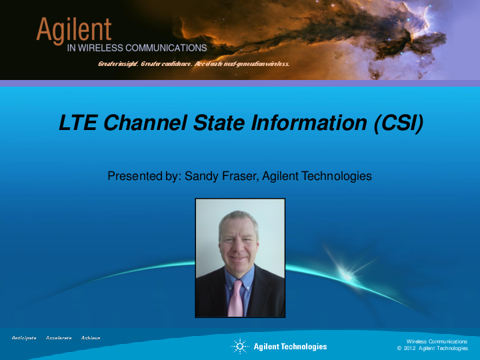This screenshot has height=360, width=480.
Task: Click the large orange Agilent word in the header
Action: [x=73, y=30]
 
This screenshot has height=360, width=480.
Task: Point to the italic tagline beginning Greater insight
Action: [x=193, y=64]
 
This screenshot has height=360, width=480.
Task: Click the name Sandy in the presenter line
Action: [x=201, y=176]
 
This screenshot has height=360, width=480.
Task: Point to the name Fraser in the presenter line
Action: [x=238, y=176]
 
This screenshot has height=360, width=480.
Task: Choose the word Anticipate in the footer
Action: [x=24, y=338]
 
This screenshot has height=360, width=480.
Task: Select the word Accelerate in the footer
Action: [x=59, y=338]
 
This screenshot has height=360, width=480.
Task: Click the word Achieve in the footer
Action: [x=91, y=338]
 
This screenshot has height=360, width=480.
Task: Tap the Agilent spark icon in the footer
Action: [x=239, y=346]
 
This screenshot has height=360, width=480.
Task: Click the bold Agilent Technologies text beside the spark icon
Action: [x=290, y=346]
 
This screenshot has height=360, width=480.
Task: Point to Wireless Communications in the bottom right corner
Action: [x=437, y=341]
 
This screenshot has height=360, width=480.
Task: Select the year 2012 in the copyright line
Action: [x=410, y=349]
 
